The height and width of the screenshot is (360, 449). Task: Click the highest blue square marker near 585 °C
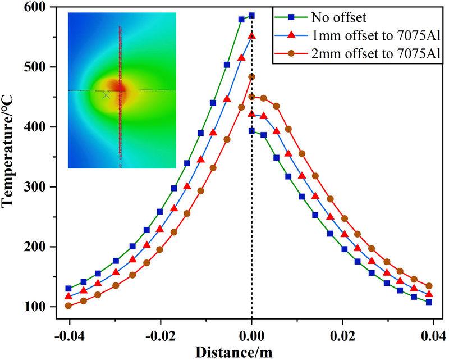click(x=251, y=16)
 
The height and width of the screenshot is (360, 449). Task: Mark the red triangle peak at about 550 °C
click(x=251, y=35)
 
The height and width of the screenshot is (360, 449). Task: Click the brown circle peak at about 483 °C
click(x=251, y=77)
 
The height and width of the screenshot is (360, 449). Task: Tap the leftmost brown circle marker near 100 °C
click(x=68, y=306)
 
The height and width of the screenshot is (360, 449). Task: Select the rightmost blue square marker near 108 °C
click(x=429, y=302)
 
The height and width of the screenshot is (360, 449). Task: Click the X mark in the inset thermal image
click(x=106, y=95)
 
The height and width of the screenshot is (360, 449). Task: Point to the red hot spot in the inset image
click(x=120, y=89)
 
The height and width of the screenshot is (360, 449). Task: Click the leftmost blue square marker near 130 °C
click(x=68, y=289)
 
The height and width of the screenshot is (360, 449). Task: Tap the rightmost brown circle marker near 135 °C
click(x=429, y=286)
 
